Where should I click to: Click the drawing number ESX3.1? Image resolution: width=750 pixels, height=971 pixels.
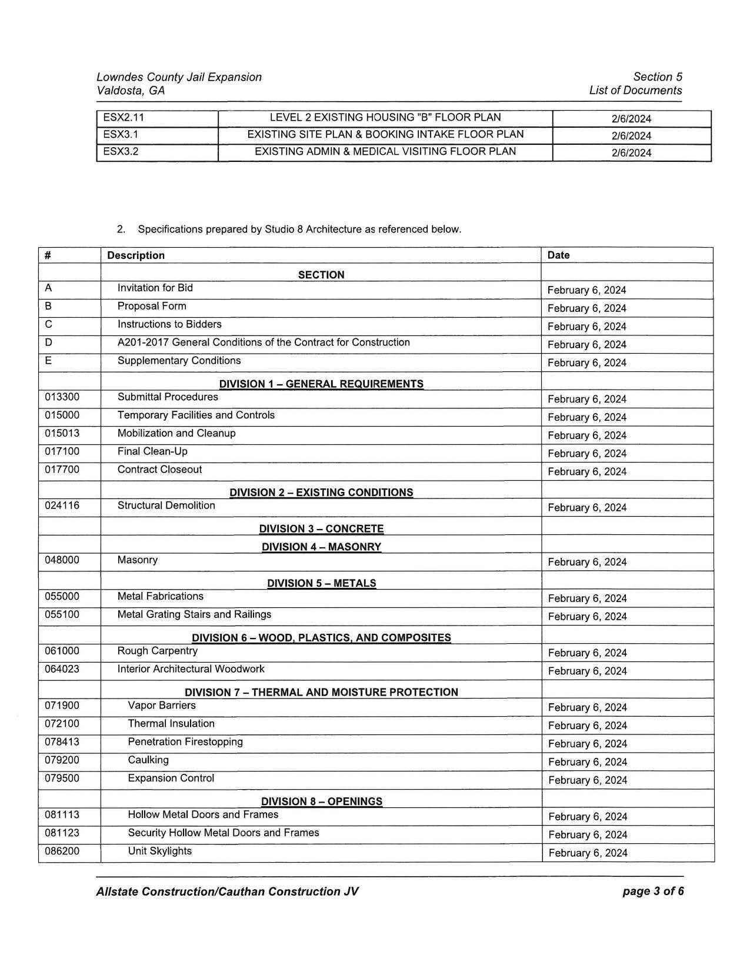pos(121,135)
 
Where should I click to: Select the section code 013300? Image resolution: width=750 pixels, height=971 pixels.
pos(62,397)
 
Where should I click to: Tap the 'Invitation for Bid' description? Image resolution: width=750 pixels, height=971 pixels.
pos(155,288)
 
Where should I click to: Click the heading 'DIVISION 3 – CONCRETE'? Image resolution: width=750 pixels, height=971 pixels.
pos(321,528)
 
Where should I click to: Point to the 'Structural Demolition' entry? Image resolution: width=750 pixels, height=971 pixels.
pos(166,506)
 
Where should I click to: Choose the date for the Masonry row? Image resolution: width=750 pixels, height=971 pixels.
pos(587,562)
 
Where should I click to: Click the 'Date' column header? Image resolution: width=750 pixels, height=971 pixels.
pos(558,255)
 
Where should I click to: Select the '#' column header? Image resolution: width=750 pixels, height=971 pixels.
pos(48,255)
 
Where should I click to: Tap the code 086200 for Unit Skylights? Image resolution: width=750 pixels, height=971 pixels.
pos(62,851)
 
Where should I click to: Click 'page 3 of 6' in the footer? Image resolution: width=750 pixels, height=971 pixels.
pos(653,891)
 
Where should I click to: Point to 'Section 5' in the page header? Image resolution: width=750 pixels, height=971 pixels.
pos(658,77)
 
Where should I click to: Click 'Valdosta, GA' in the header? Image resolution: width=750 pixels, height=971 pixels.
pos(131,91)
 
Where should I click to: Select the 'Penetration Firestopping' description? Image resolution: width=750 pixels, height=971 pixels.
pos(185,741)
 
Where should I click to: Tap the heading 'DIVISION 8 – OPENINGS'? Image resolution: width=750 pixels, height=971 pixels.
pos(321,801)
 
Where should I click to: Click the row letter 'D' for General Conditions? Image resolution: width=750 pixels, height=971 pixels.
pos(48,342)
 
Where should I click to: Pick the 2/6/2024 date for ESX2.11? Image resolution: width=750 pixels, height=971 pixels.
pos(631,119)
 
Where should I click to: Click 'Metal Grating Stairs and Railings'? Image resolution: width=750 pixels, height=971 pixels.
pos(194,614)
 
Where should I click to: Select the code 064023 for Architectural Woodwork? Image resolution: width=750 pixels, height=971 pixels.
pos(62,669)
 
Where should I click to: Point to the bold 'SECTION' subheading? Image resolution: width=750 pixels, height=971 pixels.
pos(321,275)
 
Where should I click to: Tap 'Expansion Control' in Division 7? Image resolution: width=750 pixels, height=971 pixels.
pos(171,778)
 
